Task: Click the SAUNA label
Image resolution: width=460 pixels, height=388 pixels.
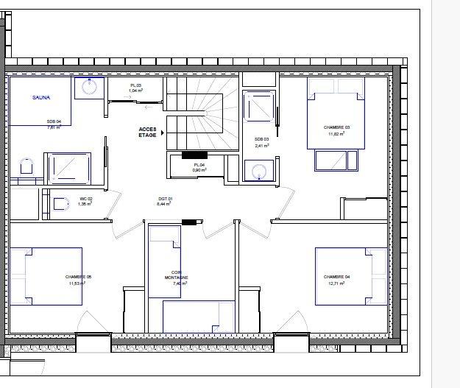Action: click(x=40, y=97)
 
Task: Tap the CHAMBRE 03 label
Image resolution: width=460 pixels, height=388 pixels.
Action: click(x=336, y=127)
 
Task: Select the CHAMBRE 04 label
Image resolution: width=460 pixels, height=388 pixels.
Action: click(x=336, y=277)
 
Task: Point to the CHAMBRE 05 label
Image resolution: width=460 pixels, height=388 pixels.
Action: click(x=78, y=277)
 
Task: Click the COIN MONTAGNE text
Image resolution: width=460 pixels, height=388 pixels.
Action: click(x=176, y=275)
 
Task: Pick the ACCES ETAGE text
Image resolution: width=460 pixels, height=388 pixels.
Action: click(x=147, y=133)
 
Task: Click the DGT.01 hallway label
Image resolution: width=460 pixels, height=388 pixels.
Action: click(x=164, y=200)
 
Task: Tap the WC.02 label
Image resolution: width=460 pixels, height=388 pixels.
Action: click(x=85, y=199)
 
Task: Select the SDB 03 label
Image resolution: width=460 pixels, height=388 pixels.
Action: click(x=261, y=139)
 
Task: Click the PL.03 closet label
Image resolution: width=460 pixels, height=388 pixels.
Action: click(x=135, y=85)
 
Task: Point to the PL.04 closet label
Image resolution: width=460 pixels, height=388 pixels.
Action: click(x=199, y=165)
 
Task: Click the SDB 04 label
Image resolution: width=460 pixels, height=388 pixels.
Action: click(x=53, y=121)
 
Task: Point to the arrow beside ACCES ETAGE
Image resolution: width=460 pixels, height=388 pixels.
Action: click(x=162, y=133)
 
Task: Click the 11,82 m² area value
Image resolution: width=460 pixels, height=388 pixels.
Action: click(x=336, y=133)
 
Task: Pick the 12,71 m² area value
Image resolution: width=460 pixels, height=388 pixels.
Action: click(x=336, y=283)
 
